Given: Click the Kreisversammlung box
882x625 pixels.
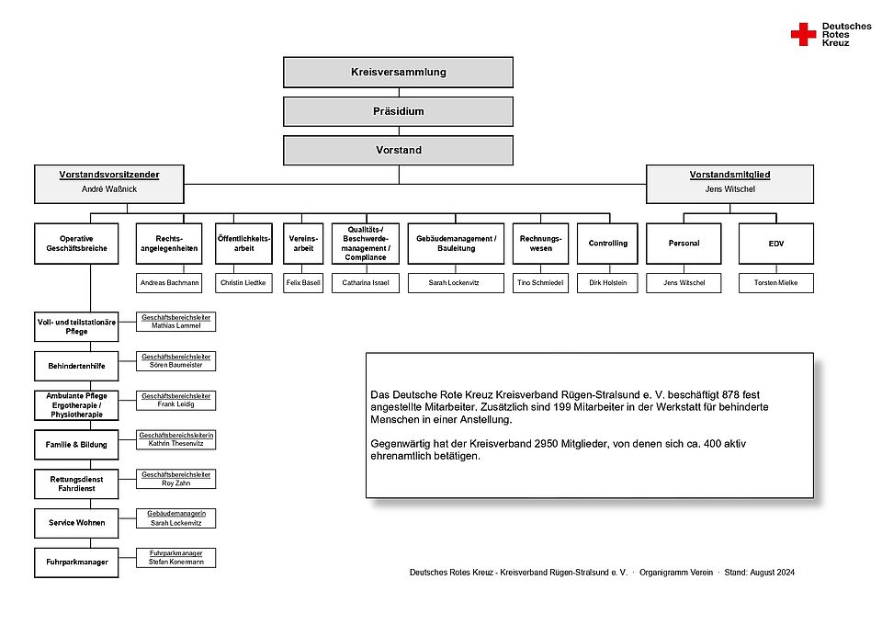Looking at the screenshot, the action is (x=398, y=72).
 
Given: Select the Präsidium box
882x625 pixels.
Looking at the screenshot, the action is (x=398, y=111).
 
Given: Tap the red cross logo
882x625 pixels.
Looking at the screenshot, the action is (x=803, y=34).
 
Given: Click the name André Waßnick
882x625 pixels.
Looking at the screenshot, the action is (x=109, y=189).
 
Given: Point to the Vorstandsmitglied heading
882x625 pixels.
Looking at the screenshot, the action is (x=729, y=175).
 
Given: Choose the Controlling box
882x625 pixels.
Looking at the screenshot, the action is (x=607, y=244).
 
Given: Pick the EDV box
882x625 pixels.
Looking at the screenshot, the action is (x=775, y=244).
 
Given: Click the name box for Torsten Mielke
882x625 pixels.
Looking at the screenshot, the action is (x=775, y=283).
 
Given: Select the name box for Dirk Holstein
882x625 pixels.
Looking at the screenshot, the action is (x=607, y=283).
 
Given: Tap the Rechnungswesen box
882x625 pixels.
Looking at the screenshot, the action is (x=540, y=244).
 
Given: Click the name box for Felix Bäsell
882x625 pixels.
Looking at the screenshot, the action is (x=303, y=283).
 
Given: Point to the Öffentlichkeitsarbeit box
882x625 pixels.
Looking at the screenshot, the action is (x=243, y=244).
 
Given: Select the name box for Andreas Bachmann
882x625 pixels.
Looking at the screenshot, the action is (x=169, y=283).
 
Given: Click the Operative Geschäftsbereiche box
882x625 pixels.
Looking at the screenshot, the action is (x=76, y=244).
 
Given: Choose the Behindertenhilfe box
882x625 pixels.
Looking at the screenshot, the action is (x=76, y=366).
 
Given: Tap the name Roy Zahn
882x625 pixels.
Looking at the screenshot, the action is (x=176, y=483).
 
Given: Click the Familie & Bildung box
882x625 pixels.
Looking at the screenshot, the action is (x=76, y=445).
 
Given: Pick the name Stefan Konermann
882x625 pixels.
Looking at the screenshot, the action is (x=176, y=562).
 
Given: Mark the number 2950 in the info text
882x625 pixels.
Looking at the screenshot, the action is (x=546, y=444).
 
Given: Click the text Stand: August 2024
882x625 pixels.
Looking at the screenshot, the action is (x=760, y=573).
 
